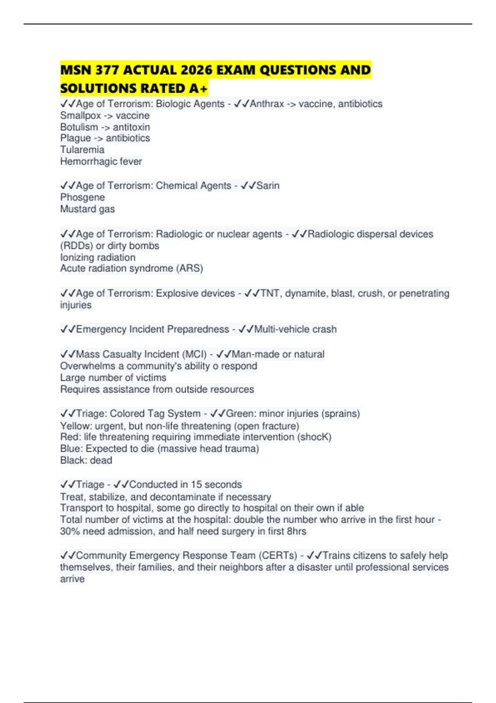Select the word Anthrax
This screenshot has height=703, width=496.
tap(267, 104)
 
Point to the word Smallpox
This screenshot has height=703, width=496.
tap(81, 115)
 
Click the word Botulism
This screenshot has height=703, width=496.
tap(79, 127)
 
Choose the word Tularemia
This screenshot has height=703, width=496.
tap(82, 150)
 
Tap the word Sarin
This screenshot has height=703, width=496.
tap(268, 186)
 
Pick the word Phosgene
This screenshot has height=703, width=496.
tap(83, 197)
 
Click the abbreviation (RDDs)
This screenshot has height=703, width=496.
tap(76, 246)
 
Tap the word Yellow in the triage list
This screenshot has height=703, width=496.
tap(75, 426)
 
